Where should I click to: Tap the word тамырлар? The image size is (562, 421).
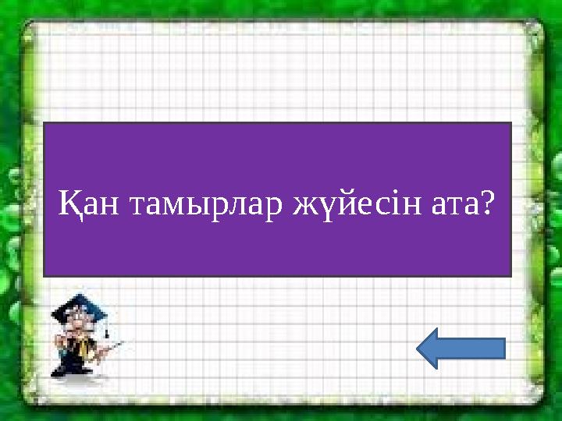click(206, 206)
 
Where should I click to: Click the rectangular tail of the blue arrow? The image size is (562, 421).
click(479, 348)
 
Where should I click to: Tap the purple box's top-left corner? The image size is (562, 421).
click(44, 123)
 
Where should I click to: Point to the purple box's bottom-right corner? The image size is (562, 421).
click(510, 275)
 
